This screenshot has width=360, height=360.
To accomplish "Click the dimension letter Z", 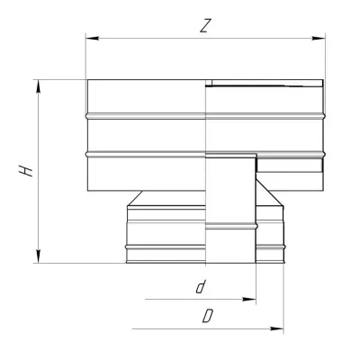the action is pyautogui.click(x=204, y=26).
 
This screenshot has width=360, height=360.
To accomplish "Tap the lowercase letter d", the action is pyautogui.click(x=200, y=287).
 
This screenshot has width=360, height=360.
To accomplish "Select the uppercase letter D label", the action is pyautogui.click(x=208, y=316).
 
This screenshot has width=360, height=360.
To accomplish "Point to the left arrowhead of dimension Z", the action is pyautogui.click(x=92, y=39).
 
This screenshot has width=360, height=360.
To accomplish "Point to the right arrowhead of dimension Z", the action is pyautogui.click(x=319, y=39).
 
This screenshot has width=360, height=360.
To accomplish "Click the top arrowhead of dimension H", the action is pyautogui.click(x=39, y=86).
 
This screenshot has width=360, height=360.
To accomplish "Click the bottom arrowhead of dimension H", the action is pyautogui.click(x=39, y=256).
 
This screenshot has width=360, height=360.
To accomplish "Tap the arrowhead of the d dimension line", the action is pyautogui.click(x=249, y=299).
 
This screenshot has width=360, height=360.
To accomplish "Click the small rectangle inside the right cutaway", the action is pyautogui.click(x=290, y=165).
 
